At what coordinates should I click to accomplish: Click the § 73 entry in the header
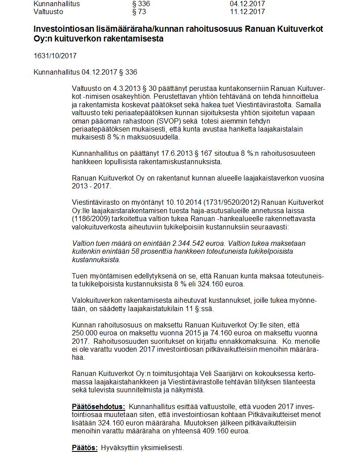(x=139, y=11)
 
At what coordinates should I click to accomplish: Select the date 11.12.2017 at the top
(x=247, y=11)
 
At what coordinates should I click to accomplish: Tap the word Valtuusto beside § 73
(x=49, y=11)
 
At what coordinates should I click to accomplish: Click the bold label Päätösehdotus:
(x=98, y=406)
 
